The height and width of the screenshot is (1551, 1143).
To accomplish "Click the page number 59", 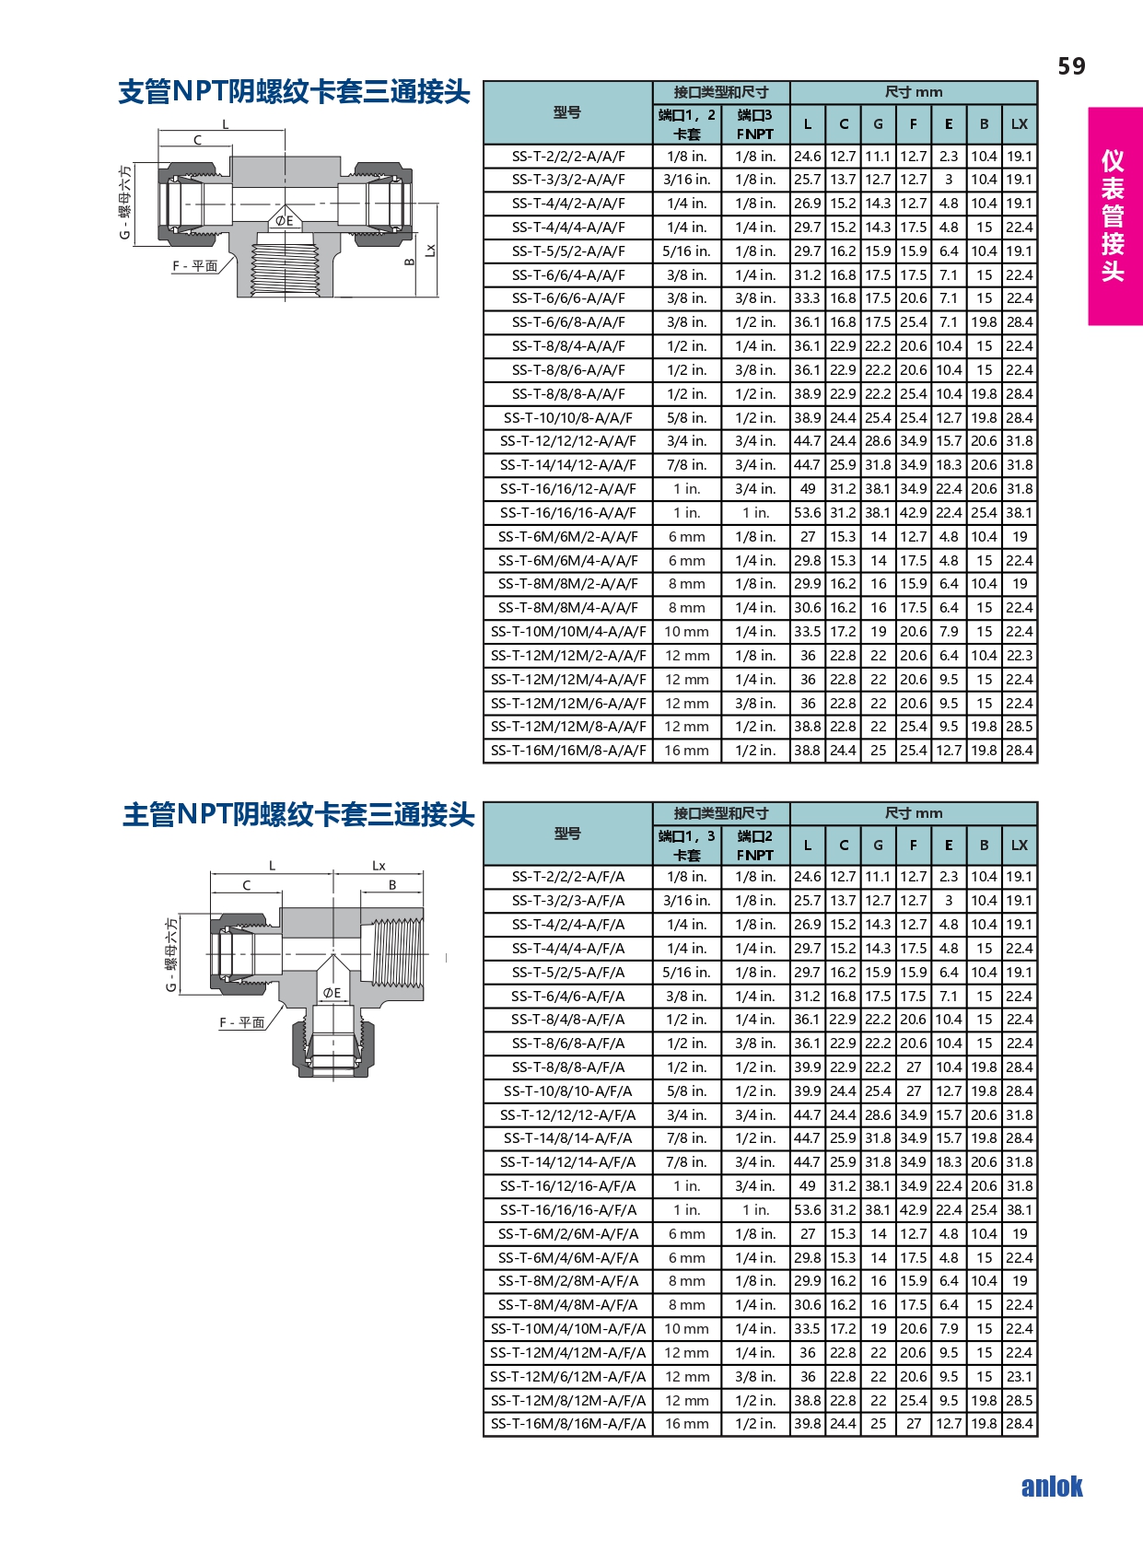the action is coord(1071,66).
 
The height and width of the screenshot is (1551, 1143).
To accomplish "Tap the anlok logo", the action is coord(1052,1487).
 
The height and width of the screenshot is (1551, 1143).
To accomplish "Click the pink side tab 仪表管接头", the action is coord(1114,216).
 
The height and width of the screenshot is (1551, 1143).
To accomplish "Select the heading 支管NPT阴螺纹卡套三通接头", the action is coord(294,92).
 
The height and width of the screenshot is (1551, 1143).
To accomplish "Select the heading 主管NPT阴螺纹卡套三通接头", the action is coord(298,814).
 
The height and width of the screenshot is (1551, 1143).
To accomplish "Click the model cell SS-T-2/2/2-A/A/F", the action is coord(567,157).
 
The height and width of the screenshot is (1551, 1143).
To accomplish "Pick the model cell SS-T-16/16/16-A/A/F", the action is coord(567,513).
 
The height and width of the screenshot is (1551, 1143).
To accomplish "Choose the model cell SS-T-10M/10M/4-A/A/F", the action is coord(567,632).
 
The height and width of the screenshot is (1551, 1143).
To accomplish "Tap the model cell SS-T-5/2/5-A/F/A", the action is coord(567,973).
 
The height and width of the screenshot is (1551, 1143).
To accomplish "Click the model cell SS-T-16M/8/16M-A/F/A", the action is coord(567,1424).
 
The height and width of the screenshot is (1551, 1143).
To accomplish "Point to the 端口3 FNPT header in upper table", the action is coord(755,124).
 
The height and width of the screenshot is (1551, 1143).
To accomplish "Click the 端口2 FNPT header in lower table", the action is coord(755,845).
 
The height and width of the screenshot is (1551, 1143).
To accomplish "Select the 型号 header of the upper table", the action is coord(567,113).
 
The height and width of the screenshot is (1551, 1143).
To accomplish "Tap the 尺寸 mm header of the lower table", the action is coord(914,813).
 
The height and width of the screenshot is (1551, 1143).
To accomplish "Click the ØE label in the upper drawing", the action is coord(285,221).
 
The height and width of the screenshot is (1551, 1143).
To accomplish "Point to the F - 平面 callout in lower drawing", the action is coord(242,1022).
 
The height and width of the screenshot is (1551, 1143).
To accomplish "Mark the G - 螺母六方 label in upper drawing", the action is coord(124,203).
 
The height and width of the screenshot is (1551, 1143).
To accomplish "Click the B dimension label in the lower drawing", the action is coord(392,885).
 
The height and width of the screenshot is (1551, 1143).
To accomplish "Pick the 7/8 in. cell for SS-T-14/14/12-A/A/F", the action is coord(687,465).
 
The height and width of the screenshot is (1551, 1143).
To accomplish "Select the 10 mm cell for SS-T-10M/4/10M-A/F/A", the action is coord(687,1329).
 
